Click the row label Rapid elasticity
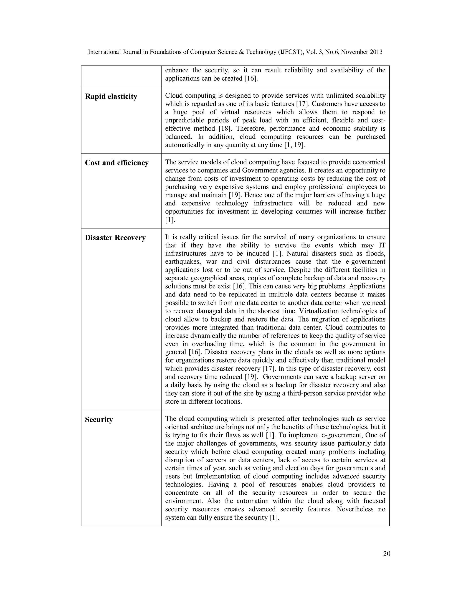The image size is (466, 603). pyautogui.click(x=111, y=97)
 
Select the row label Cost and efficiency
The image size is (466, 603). pyautogui.click(x=116, y=163)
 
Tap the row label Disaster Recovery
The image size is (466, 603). pyautogui.click(x=115, y=238)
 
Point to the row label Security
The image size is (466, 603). pyautogui.click(x=99, y=419)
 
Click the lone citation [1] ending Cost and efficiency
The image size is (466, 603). pyautogui.click(x=170, y=220)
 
